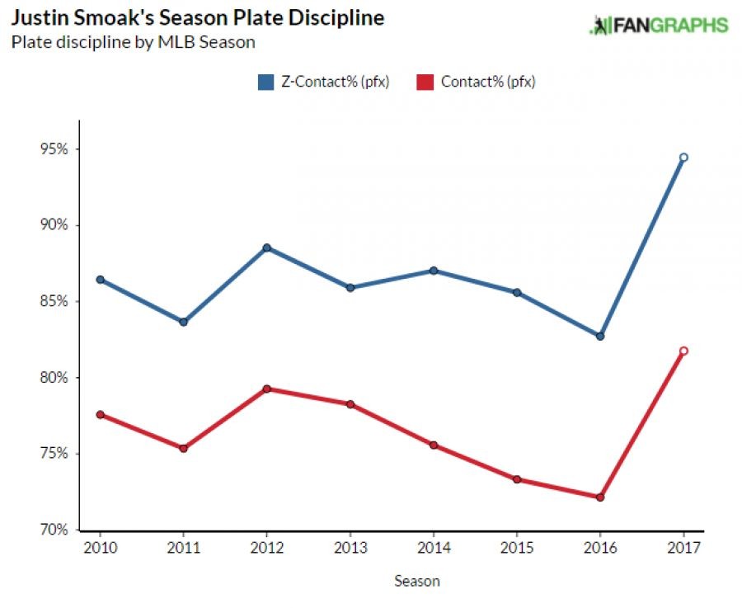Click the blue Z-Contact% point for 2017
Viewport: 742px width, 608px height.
[x=683, y=157]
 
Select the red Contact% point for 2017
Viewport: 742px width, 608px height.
[x=683, y=351]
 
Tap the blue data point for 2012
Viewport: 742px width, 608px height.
[x=266, y=247]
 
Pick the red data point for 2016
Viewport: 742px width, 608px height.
[x=600, y=497]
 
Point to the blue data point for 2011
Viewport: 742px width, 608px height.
[x=183, y=322]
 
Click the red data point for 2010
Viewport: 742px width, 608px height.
[x=100, y=414]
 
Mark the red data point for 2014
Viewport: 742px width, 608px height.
[x=433, y=445]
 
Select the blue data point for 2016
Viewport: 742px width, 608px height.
[x=600, y=336]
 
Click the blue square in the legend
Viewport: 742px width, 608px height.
[x=265, y=81]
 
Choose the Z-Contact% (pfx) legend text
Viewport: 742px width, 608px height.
[x=334, y=81]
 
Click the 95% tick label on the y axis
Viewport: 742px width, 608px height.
[x=55, y=149]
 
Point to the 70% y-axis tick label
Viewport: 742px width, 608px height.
[x=55, y=530]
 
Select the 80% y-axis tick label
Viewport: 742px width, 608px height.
[x=55, y=378]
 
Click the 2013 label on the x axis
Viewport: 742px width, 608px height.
[x=350, y=549]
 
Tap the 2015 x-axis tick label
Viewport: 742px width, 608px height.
[x=516, y=549]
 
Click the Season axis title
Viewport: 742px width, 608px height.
[x=416, y=581]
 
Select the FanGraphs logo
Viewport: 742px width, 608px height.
[x=659, y=25]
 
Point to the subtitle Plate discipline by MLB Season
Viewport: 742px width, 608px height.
[x=133, y=41]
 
